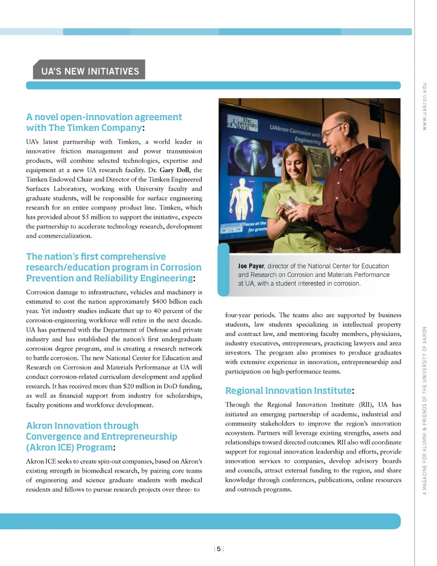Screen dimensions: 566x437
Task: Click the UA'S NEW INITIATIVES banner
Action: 90,71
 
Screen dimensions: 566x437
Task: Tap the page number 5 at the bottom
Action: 218,549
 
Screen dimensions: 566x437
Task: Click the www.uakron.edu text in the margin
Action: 424,106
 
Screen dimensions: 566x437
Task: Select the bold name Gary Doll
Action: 174,170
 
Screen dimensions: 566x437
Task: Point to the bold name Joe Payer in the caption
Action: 251,266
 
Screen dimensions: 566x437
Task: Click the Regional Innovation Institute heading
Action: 289,391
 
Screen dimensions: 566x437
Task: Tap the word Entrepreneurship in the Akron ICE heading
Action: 139,436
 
